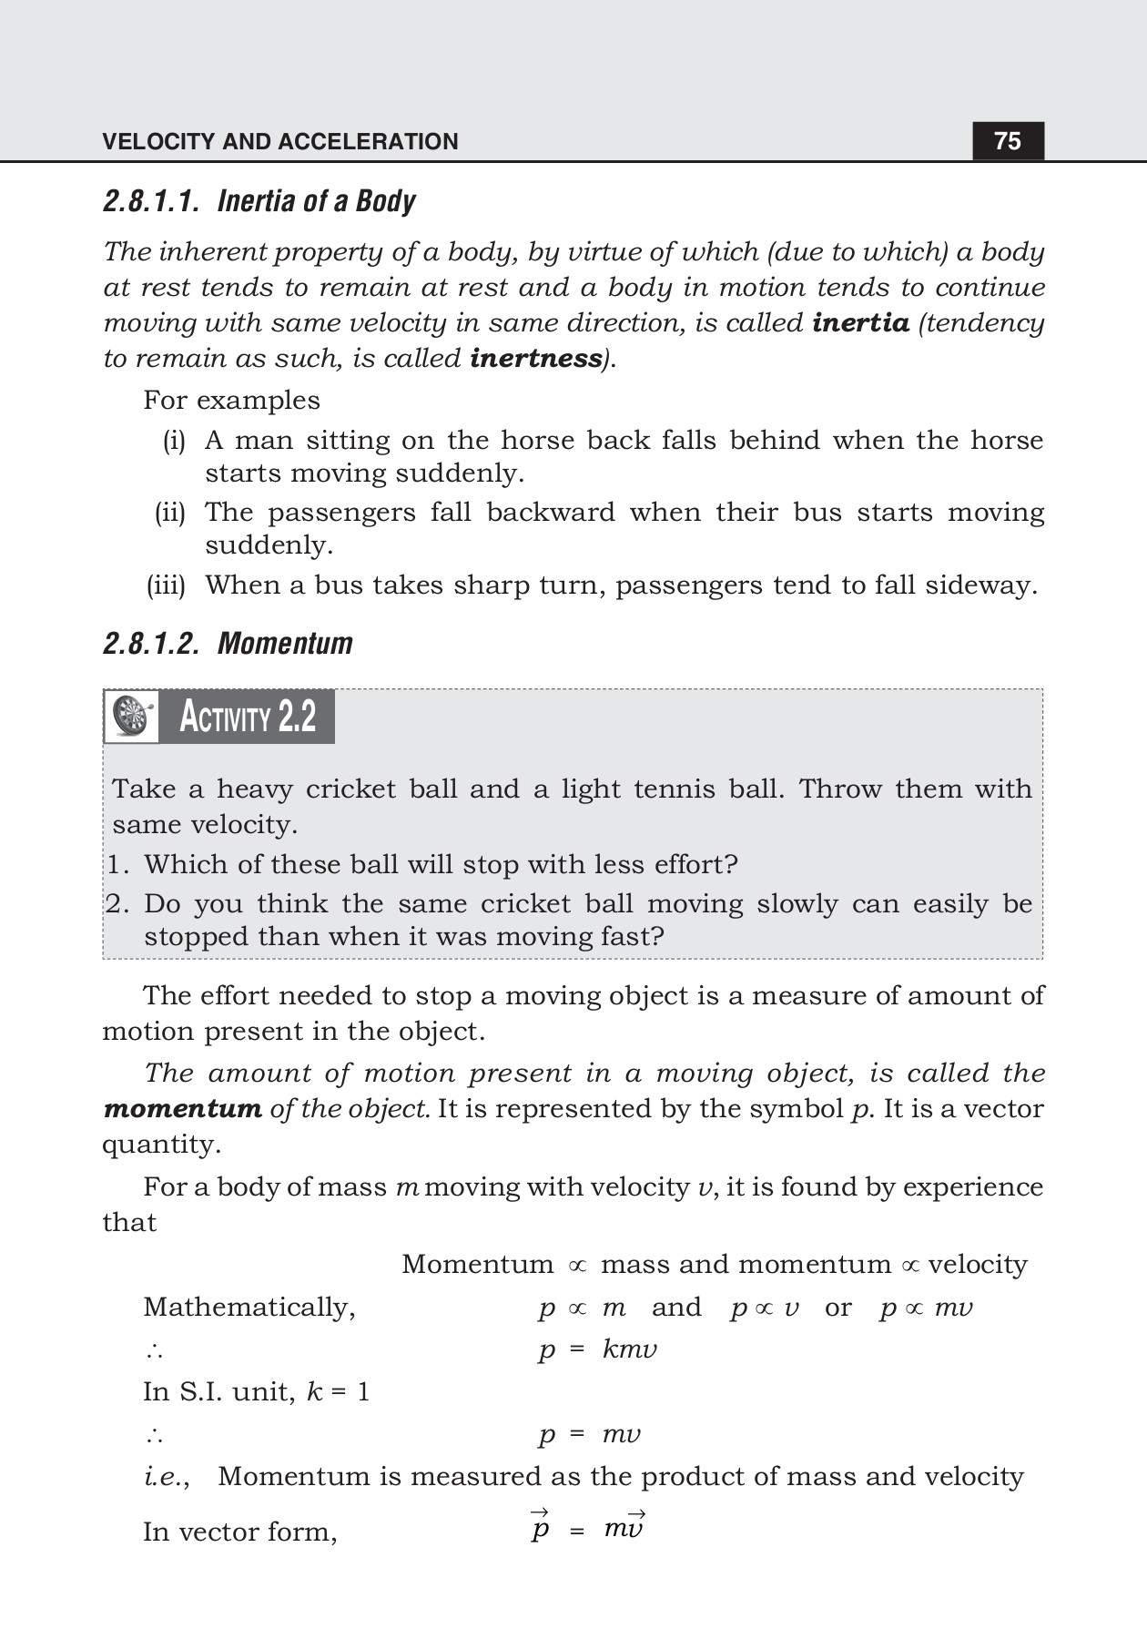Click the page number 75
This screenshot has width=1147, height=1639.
(x=1008, y=141)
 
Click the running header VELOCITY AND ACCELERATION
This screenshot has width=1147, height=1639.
(x=280, y=142)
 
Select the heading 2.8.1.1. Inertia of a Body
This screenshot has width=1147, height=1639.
(x=259, y=201)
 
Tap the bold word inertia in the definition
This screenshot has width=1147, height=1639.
(x=860, y=323)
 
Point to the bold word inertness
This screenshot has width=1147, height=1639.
(x=536, y=359)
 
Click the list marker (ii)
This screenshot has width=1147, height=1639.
(x=169, y=513)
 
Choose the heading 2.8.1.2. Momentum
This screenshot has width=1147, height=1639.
(x=228, y=644)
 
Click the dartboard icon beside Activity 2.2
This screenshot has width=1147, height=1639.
(x=131, y=717)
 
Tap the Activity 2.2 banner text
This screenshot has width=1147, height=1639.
(x=248, y=718)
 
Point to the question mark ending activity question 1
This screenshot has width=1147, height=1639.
(x=731, y=864)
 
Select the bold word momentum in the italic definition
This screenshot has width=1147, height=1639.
(x=183, y=1109)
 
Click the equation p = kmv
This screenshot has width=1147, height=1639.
(x=597, y=1349)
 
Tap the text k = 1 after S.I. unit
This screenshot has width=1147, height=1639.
(x=338, y=1392)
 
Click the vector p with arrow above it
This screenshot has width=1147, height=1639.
(x=540, y=1526)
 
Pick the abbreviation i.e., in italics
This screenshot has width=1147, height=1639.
(x=167, y=1476)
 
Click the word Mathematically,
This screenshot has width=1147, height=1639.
(x=249, y=1308)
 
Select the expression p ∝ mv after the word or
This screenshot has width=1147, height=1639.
(x=926, y=1308)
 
